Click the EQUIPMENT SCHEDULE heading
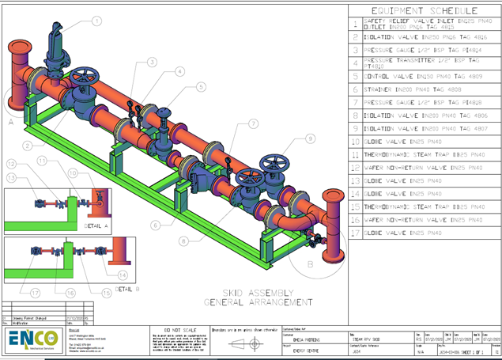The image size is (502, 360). pos(424,10)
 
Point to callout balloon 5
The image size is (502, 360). pos(201,86)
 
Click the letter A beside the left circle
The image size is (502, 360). pos(11,123)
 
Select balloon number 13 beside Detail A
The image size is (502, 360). pos(12,178)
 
